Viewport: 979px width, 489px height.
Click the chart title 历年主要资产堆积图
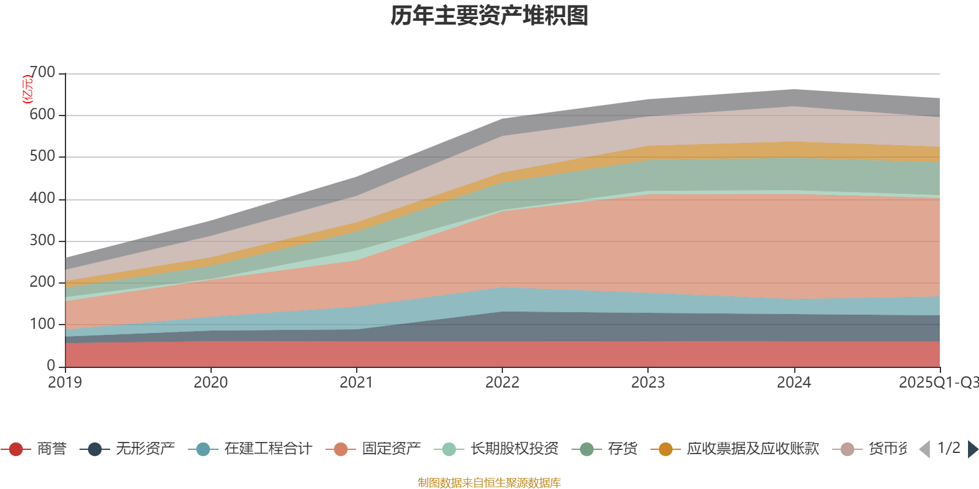489,16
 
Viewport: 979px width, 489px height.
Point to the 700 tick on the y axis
42,73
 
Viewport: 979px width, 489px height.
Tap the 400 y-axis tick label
42,199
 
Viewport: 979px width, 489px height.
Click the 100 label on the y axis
42,324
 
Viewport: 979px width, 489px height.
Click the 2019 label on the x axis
65,383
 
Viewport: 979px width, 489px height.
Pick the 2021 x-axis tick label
356,383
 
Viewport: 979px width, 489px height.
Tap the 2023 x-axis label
648,383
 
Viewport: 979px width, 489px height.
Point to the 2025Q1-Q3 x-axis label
938,383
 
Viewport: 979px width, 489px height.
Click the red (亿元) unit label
28,90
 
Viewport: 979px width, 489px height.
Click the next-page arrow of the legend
972,449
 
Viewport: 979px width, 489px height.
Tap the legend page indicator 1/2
948,448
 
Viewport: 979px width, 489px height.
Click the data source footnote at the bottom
489,483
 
